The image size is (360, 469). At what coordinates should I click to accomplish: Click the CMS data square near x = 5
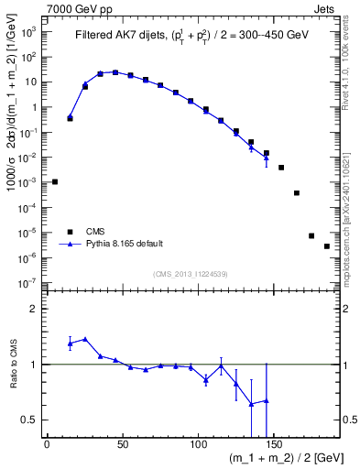(55, 181)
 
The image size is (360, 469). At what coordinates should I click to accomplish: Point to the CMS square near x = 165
(297, 192)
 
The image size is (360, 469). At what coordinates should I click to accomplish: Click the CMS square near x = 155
(281, 168)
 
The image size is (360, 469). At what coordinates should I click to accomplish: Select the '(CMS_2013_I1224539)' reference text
(191, 274)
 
